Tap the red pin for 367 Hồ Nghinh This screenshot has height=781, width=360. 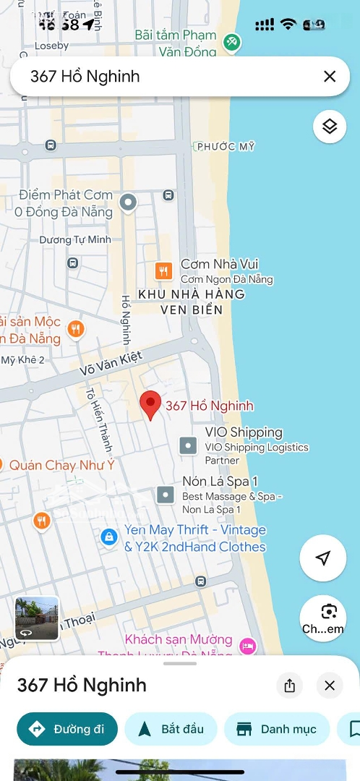(150, 404)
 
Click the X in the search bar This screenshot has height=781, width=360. (330, 77)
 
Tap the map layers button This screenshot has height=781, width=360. (330, 127)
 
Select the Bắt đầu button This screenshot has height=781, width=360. (171, 729)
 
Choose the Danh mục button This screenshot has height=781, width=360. (277, 729)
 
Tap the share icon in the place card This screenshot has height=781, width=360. (290, 686)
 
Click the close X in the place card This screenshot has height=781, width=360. (330, 686)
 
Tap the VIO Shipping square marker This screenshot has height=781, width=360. (188, 445)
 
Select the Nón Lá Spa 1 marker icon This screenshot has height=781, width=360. (166, 495)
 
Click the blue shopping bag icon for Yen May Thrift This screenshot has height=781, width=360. (108, 537)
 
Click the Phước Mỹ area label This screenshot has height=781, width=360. (226, 147)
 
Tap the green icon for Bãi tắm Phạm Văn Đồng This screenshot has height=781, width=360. (231, 43)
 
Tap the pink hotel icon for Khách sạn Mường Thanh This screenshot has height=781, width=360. (248, 645)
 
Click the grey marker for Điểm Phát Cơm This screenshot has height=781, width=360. (128, 203)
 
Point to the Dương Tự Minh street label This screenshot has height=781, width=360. (75, 239)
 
